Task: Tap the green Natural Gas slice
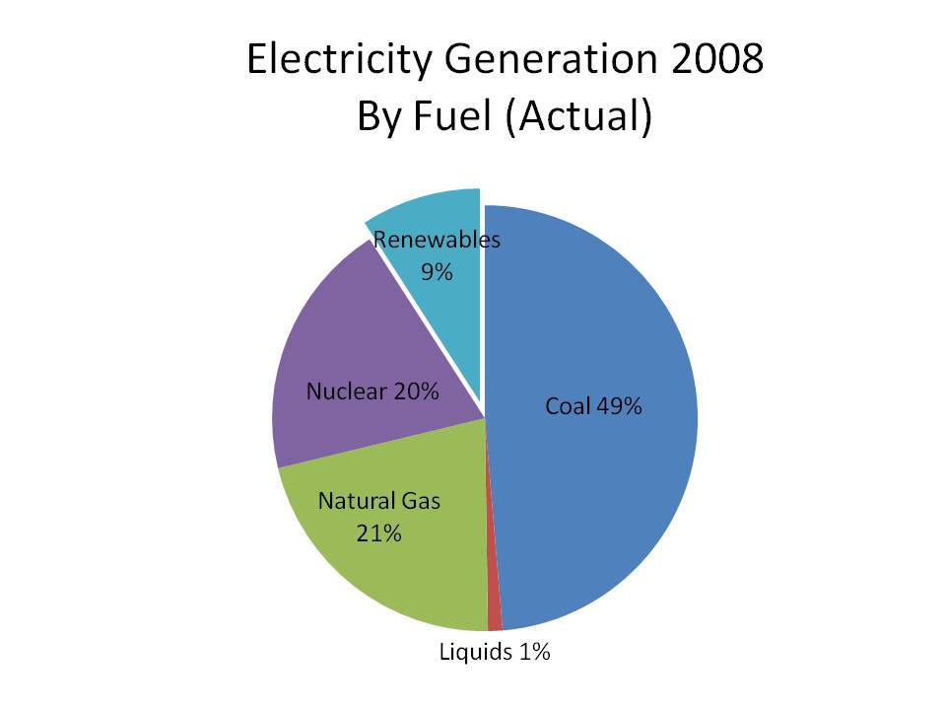pos(394,572)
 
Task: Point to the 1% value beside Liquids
pos(533,652)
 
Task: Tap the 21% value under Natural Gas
pos(378,533)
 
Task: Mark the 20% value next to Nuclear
pos(415,391)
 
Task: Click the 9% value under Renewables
pos(436,271)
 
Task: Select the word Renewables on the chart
pos(436,240)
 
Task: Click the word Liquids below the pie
pos(475,652)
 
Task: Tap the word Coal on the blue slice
pos(567,406)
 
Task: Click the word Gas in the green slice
pos(422,501)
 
